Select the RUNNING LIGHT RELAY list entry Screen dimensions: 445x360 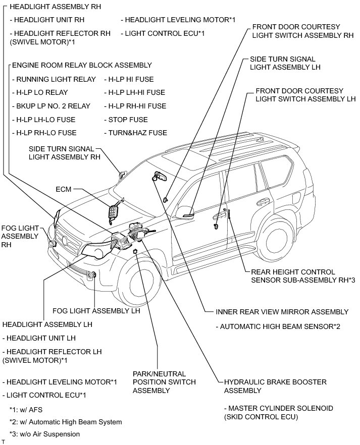[x=54, y=79]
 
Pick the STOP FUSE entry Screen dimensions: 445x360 [x=126, y=120]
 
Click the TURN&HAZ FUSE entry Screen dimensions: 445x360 [x=135, y=133]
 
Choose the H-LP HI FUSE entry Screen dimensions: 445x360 [x=128, y=79]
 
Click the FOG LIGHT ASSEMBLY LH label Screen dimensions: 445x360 [x=96, y=311]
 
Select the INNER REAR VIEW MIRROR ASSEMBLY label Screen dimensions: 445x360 [x=282, y=312]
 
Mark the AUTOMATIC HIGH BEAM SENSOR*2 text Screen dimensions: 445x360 [x=280, y=326]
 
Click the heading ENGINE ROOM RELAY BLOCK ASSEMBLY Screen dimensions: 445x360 [x=81, y=65]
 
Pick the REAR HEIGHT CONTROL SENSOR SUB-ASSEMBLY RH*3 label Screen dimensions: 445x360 [x=303, y=275]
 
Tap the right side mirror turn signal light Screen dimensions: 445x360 [x=122, y=175]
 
